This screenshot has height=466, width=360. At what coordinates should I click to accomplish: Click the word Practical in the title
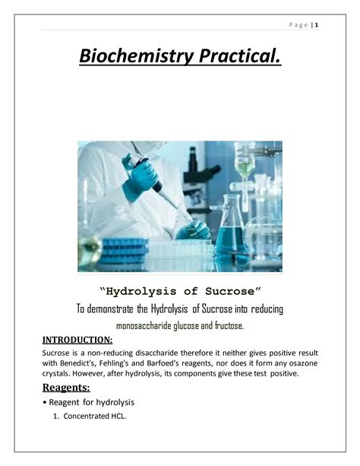(240, 55)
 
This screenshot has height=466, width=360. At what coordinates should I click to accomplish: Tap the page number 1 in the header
(317, 25)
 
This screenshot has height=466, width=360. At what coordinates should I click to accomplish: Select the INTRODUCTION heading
(77, 340)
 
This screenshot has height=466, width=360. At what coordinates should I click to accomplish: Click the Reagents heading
(66, 388)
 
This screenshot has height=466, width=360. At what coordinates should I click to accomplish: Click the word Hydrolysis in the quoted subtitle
(141, 292)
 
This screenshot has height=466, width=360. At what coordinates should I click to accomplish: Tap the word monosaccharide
(144, 326)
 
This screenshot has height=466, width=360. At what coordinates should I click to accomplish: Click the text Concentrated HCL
(95, 416)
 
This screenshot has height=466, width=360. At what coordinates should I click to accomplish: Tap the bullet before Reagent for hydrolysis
(45, 403)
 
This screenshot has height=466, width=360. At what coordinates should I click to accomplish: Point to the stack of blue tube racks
(125, 251)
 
